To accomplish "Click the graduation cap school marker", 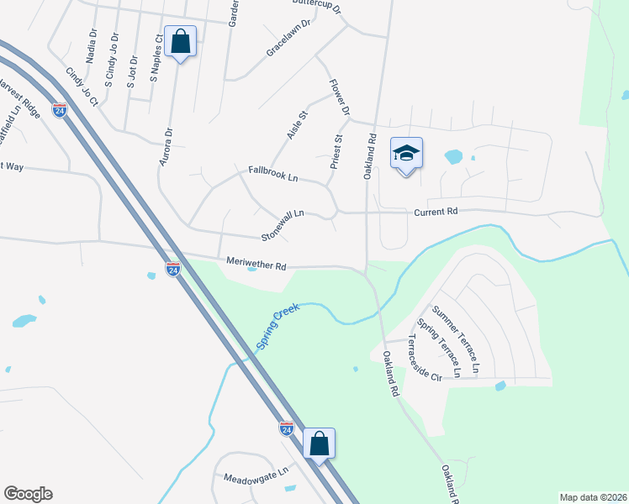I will pos(406,154).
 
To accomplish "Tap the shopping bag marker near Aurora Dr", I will pos(181,41).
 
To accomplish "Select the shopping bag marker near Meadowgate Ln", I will pos(320,443).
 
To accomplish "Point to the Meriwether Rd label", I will pos(256,264).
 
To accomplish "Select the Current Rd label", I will pos(436,212).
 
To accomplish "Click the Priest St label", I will pos(336,152).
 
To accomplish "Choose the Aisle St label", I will pos(298,124).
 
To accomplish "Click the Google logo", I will pos(28,493).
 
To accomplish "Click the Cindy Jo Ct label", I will pos(82,87).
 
